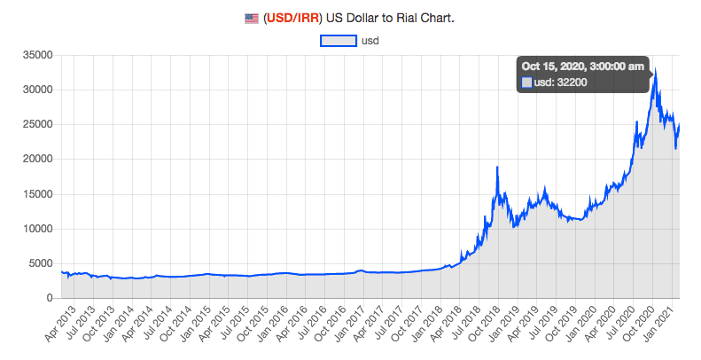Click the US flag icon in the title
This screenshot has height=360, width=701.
pos(253,18)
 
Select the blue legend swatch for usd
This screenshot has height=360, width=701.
pos(338,40)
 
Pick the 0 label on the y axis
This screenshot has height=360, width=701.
pos(50,298)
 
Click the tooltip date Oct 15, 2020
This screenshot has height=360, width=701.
pos(582,66)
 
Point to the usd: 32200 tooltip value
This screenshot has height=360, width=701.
pos(560,82)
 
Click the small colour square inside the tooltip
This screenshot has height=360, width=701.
pos(526,82)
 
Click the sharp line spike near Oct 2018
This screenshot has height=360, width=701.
pos(497,168)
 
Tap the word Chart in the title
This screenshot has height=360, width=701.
pos(434,18)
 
